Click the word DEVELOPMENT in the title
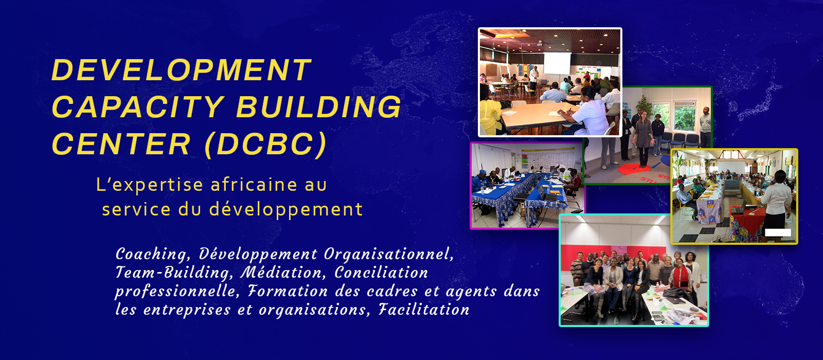click(x=182, y=69)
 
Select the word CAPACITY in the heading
click(x=138, y=106)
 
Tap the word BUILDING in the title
click(x=319, y=106)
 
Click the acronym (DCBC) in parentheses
click(x=265, y=144)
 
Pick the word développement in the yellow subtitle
click(x=286, y=209)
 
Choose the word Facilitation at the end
click(x=424, y=309)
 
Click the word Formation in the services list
click(x=288, y=291)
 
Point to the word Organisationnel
click(x=389, y=254)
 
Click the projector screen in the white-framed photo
click(x=557, y=63)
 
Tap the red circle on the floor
click(x=634, y=169)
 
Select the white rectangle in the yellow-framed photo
click(x=778, y=232)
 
